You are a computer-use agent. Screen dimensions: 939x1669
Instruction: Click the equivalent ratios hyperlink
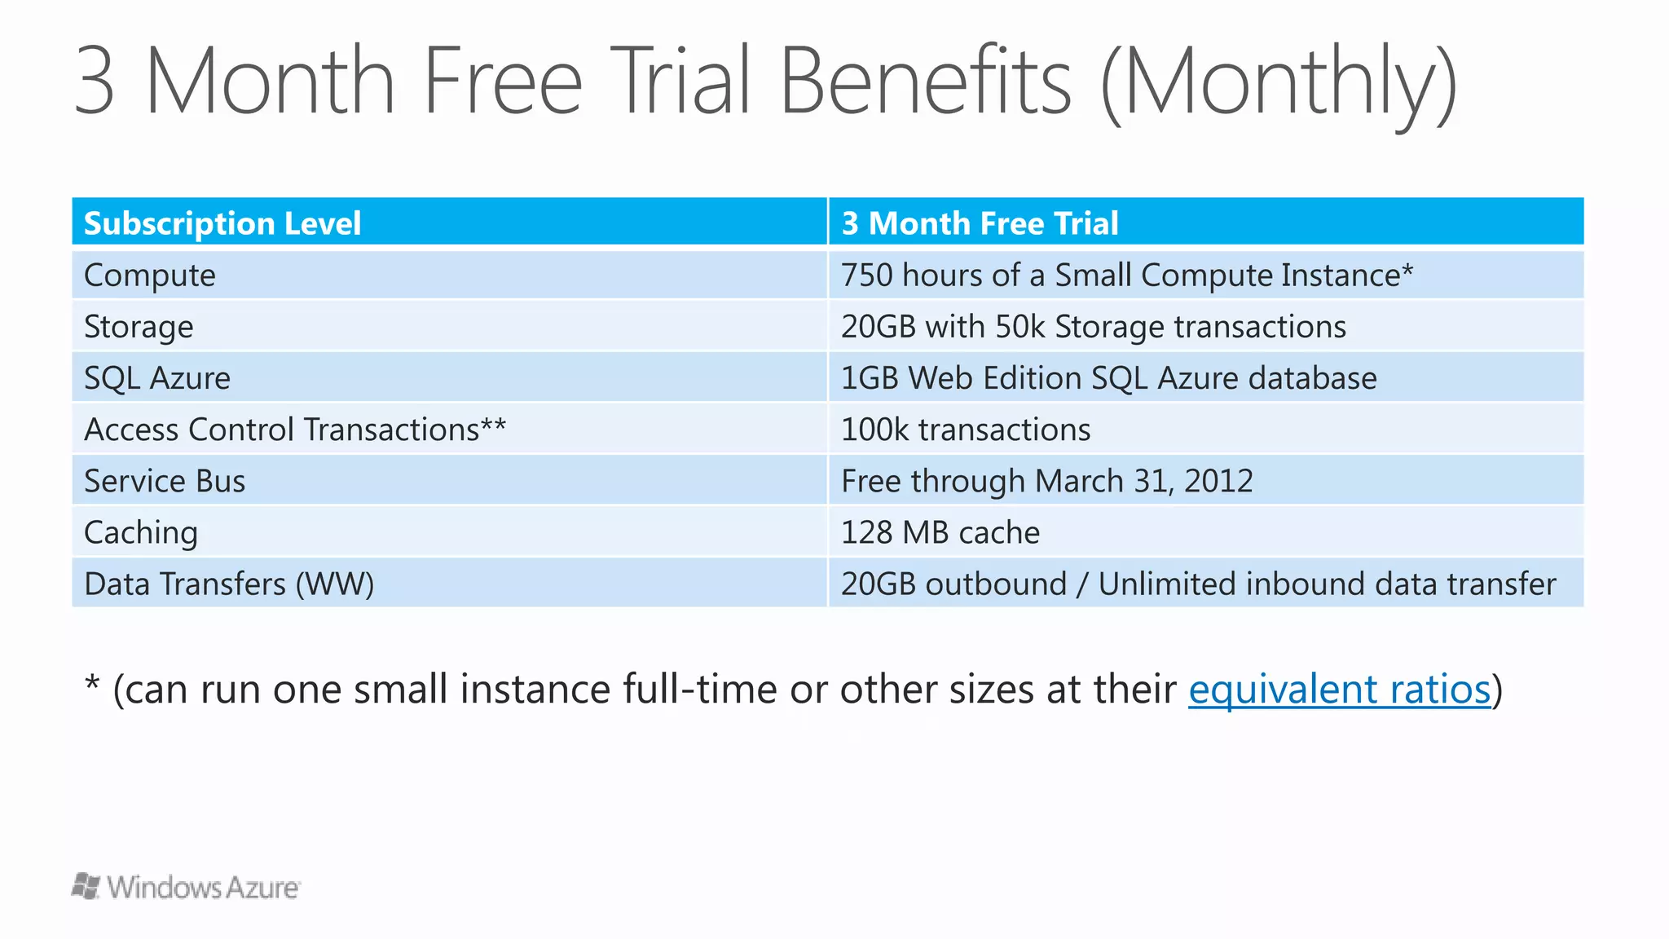[x=1339, y=690]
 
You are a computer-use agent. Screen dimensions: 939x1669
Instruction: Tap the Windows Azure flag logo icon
[x=86, y=886]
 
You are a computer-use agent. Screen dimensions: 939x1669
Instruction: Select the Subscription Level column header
[x=222, y=223]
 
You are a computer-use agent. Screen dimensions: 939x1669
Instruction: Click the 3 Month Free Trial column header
[x=980, y=223]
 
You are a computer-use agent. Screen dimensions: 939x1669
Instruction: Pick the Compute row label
[x=150, y=276]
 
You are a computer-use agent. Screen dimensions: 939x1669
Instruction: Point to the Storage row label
[x=139, y=327]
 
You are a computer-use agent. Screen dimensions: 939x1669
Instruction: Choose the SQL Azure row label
[x=157, y=378]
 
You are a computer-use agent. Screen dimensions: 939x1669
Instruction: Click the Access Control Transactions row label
[x=294, y=430]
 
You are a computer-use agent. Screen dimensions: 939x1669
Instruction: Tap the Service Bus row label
[x=164, y=481]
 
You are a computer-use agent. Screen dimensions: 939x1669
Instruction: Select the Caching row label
[x=141, y=532]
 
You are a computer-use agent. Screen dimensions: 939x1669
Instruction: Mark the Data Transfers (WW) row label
[x=229, y=584]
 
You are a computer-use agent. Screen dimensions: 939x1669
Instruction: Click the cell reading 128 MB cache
[x=940, y=532]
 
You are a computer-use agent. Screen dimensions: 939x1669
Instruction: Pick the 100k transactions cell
[x=965, y=430]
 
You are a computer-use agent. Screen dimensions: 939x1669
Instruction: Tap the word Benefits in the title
[x=925, y=82]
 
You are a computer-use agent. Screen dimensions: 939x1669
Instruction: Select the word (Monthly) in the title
[x=1278, y=82]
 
